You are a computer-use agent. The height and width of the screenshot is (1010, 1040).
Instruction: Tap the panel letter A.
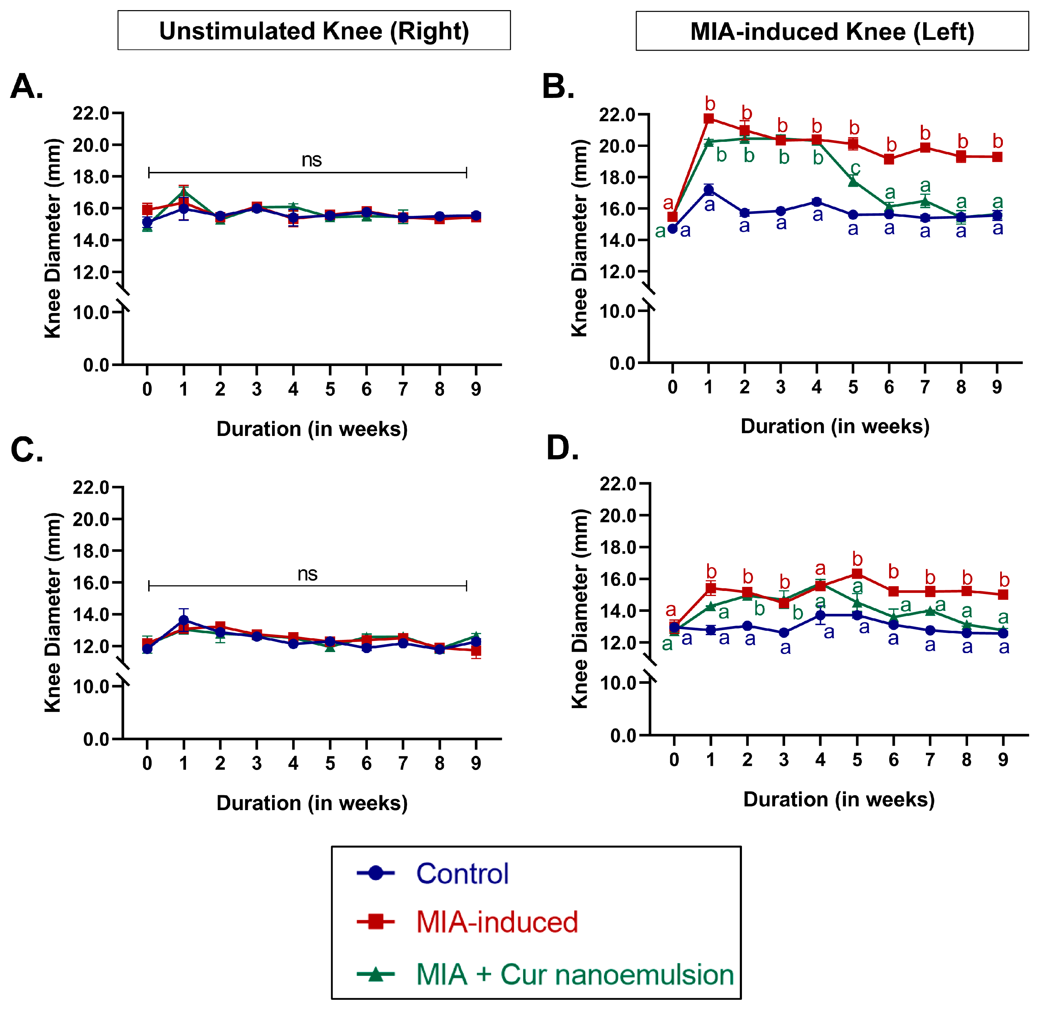[x=27, y=86]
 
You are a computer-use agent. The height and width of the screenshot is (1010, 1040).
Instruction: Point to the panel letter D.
[x=562, y=448]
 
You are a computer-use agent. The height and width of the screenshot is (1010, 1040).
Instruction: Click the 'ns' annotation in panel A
[x=312, y=160]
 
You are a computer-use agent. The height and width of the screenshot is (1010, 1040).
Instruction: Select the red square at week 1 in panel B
[x=709, y=118]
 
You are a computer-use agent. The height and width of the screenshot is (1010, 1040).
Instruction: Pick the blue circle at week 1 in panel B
[x=709, y=190]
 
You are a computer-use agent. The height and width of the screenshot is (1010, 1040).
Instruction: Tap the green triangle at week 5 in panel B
[x=853, y=182]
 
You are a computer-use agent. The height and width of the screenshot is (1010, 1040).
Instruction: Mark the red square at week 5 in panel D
[x=857, y=574]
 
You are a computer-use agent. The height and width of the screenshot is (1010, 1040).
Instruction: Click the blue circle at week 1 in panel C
[x=184, y=620]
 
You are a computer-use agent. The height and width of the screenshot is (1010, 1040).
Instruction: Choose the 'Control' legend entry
[x=462, y=874]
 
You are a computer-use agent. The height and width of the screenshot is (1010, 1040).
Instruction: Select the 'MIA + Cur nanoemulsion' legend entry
[x=575, y=975]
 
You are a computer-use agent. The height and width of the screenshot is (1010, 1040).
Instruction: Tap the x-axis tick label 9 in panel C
[x=476, y=763]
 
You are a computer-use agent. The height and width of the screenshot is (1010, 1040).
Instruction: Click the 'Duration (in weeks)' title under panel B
[x=835, y=426]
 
